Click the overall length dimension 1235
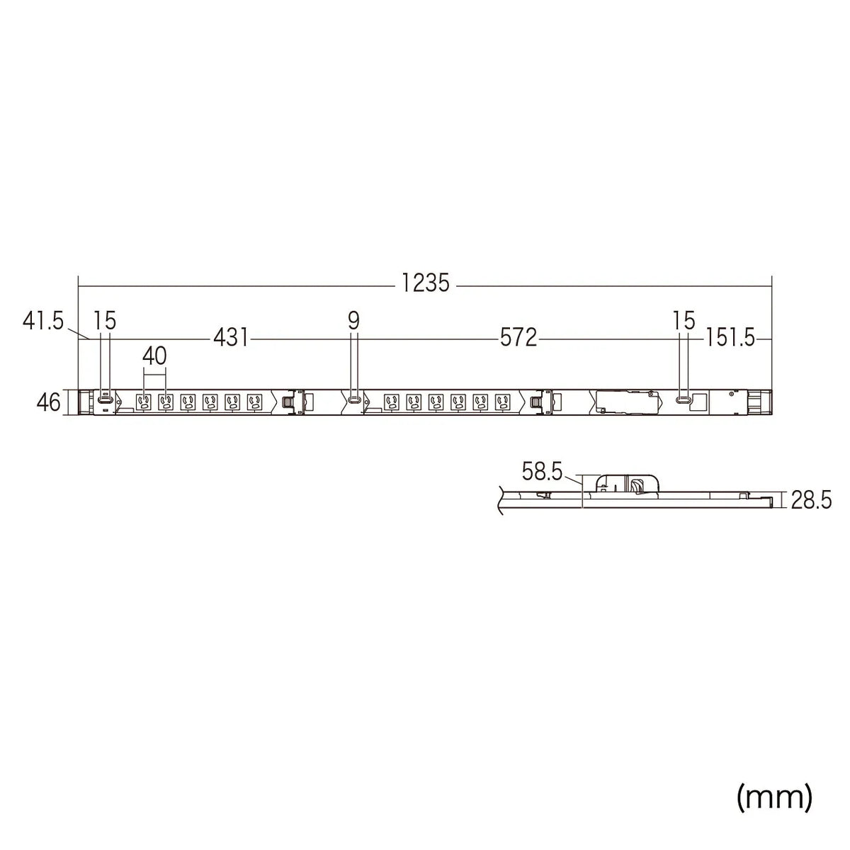425,283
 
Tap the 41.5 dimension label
43,321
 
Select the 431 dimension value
231,339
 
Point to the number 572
518,339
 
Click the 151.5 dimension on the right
730,339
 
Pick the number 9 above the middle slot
353,321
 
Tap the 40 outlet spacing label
155,356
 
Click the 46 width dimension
49,402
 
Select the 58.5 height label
542,472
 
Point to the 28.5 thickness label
811,500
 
